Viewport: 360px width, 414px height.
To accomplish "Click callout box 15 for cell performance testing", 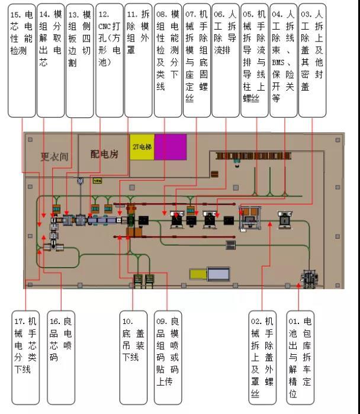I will [21, 59].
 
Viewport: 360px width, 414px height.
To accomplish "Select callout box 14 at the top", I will [50, 59].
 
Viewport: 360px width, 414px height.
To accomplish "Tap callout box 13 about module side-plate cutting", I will [79, 59].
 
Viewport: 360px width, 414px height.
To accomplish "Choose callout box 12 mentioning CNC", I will [109, 59].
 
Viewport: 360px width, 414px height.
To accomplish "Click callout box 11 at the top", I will [138, 59].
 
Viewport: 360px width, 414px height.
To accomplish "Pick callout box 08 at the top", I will [168, 59].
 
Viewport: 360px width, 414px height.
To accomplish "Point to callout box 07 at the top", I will [197, 59].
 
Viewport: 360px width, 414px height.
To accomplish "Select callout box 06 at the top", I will [226, 59].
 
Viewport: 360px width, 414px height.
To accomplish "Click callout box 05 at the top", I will [255, 59].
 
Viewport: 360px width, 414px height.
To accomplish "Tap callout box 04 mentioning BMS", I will [284, 59].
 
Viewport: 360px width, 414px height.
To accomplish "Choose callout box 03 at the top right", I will [313, 59].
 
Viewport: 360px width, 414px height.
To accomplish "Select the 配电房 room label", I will [104, 154].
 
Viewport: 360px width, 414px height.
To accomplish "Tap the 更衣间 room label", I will [54, 157].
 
